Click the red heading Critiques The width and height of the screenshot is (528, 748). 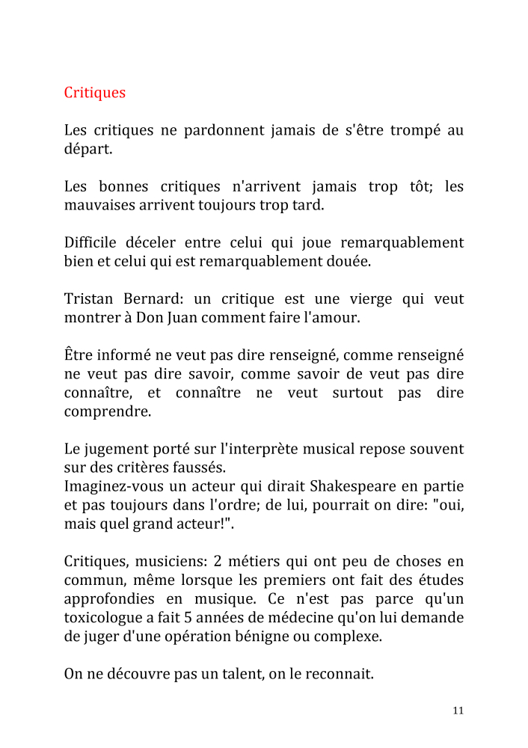[95, 93]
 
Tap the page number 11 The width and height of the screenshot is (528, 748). [458, 711]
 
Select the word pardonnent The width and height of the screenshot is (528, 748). [239, 130]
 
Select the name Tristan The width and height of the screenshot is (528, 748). [88, 299]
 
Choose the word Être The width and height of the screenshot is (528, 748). [77, 355]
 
